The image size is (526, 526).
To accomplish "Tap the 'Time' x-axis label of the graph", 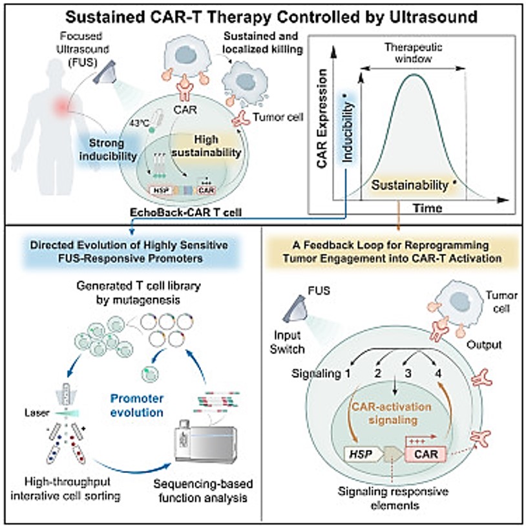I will click(428, 208).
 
